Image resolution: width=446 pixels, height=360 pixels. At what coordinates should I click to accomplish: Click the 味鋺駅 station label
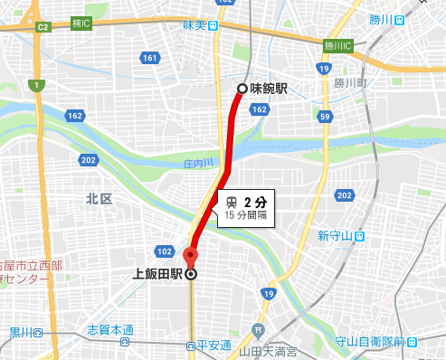(270, 89)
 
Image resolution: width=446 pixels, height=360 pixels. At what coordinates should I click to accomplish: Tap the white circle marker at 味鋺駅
(242, 89)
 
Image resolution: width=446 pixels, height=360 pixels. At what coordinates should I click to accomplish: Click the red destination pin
(190, 258)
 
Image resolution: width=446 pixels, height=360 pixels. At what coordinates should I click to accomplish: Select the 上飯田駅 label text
(158, 274)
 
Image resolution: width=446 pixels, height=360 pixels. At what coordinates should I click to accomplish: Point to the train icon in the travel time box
(232, 201)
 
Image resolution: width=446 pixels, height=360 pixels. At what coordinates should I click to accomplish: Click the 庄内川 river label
(197, 164)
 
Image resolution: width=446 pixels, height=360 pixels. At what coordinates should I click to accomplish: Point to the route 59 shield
(324, 115)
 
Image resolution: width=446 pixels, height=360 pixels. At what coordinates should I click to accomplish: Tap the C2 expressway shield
(42, 27)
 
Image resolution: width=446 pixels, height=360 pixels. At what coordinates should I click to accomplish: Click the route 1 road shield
(35, 85)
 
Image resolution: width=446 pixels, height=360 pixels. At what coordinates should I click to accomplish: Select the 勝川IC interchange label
(337, 45)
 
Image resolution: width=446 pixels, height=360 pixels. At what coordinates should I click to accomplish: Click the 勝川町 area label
(347, 82)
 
